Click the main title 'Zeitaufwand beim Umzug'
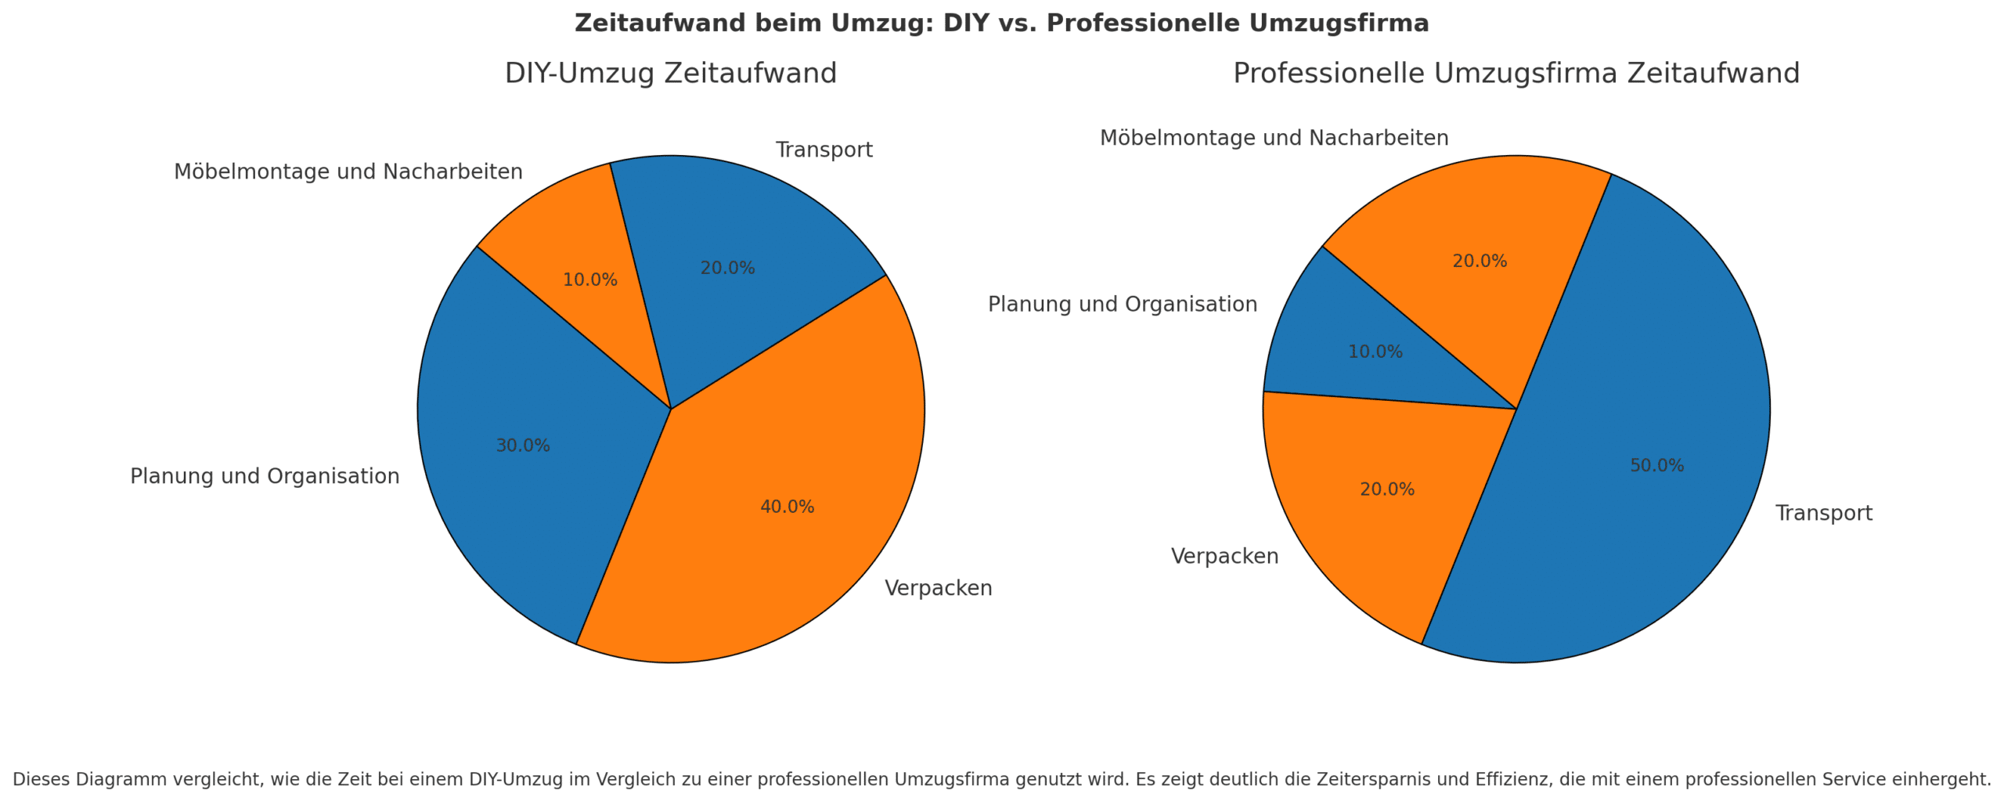(1001, 23)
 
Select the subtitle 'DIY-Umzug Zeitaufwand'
(670, 74)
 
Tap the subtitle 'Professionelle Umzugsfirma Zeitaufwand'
(1516, 74)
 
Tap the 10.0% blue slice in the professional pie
(1354, 345)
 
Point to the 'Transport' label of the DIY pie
(824, 150)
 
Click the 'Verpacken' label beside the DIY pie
(938, 588)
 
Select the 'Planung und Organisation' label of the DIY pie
(265, 476)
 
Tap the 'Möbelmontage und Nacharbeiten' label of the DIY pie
(348, 171)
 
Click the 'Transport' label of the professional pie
(1823, 514)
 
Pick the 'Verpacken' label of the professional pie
(1224, 557)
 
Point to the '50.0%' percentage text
(1656, 466)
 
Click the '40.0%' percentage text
(787, 507)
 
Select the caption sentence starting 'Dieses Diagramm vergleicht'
(1001, 779)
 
